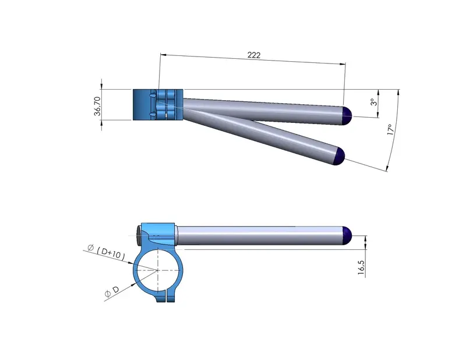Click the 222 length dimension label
point(254,55)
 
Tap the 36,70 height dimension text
point(97,106)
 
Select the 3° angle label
point(374,102)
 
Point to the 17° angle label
point(391,130)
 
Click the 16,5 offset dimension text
point(361,267)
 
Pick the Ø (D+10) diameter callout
point(107,252)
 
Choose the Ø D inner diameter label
point(112,291)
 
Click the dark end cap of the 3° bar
point(347,116)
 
